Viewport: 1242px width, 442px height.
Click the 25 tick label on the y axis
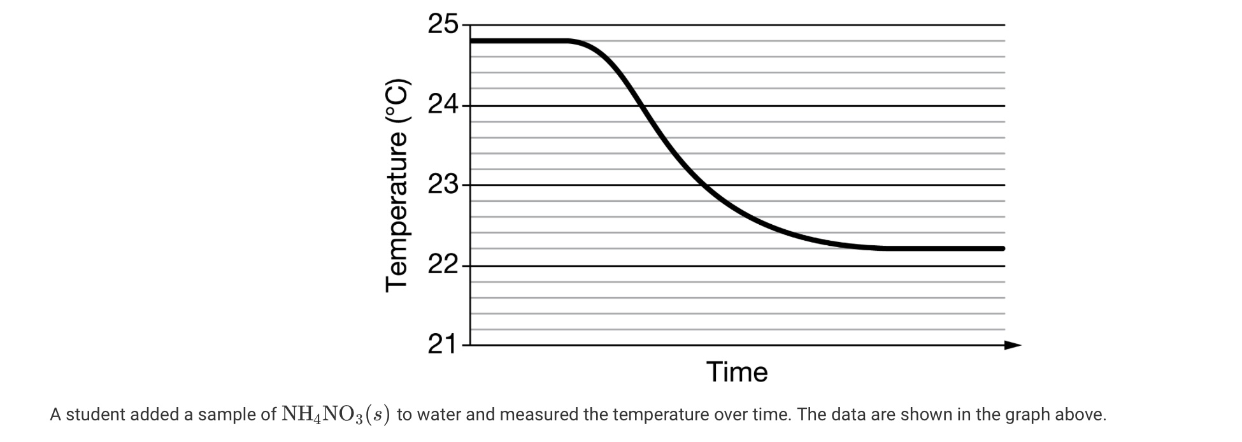[x=443, y=25]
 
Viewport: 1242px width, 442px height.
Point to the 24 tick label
[x=443, y=104]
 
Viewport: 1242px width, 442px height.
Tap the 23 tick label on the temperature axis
[x=443, y=185]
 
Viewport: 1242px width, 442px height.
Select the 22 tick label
[x=443, y=265]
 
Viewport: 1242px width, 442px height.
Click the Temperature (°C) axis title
[x=396, y=185]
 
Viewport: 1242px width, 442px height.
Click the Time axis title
[x=737, y=372]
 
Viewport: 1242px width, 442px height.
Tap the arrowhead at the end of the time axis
[x=1013, y=345]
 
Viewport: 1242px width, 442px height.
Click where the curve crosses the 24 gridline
[x=641, y=106]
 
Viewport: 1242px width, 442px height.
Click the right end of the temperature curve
[x=1003, y=248]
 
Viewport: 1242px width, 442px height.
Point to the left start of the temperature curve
[x=473, y=41]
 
